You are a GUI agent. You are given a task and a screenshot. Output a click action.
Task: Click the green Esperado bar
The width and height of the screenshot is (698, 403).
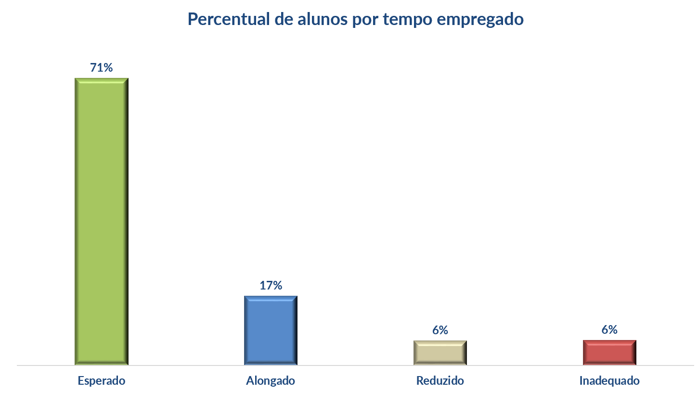(x=102, y=221)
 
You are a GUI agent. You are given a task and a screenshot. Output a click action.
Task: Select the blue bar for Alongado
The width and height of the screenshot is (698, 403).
(x=271, y=330)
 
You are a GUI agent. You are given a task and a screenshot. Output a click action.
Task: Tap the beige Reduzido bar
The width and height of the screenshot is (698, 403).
(x=440, y=353)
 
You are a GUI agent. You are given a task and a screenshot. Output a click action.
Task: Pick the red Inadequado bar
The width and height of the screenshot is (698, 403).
(x=609, y=353)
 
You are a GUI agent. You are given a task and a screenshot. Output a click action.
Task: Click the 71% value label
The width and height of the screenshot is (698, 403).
(x=102, y=68)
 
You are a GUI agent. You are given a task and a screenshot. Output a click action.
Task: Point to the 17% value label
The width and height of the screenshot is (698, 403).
(x=271, y=286)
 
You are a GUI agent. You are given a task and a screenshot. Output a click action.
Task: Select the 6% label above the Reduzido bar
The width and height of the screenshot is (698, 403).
(x=440, y=330)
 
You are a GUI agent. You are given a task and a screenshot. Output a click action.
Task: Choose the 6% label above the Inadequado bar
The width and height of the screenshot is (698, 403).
(x=609, y=330)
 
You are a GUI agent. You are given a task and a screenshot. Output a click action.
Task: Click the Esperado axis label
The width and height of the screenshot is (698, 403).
(x=102, y=381)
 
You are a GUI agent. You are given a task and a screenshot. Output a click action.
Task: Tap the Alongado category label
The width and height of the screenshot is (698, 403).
(x=271, y=381)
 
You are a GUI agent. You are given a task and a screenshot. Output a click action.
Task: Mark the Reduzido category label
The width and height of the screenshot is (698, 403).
(x=440, y=381)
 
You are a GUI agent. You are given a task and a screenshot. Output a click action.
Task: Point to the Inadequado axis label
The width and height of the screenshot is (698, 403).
(x=609, y=381)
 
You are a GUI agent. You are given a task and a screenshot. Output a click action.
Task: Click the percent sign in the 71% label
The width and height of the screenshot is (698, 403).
(x=108, y=68)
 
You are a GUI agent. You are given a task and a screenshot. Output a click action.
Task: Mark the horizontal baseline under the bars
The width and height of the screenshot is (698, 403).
(x=356, y=365)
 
